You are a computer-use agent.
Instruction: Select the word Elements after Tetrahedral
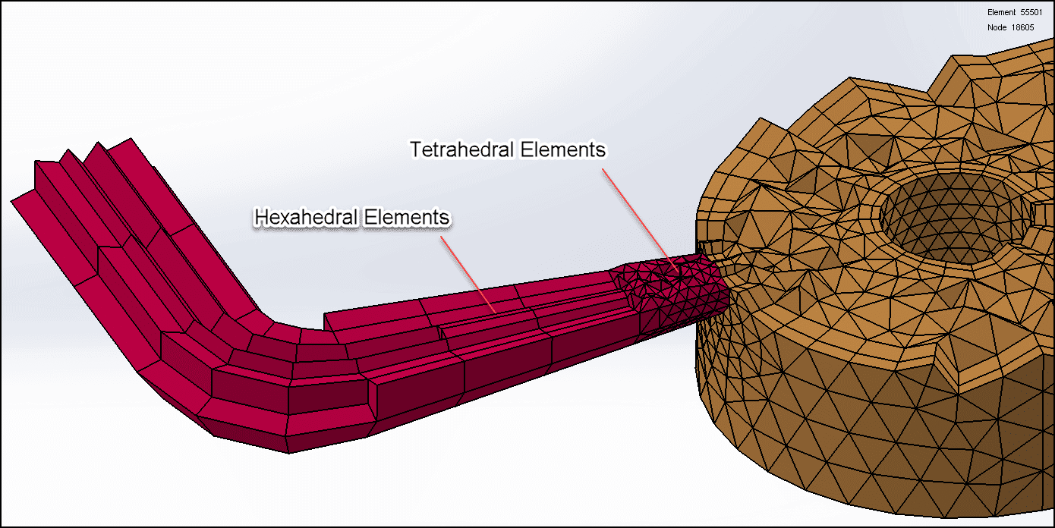pyautogui.click(x=563, y=150)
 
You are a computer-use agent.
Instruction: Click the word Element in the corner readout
pyautogui.click(x=1001, y=12)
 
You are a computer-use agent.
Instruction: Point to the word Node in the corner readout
pyautogui.click(x=997, y=27)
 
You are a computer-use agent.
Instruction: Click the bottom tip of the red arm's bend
pyautogui.click(x=288, y=449)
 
